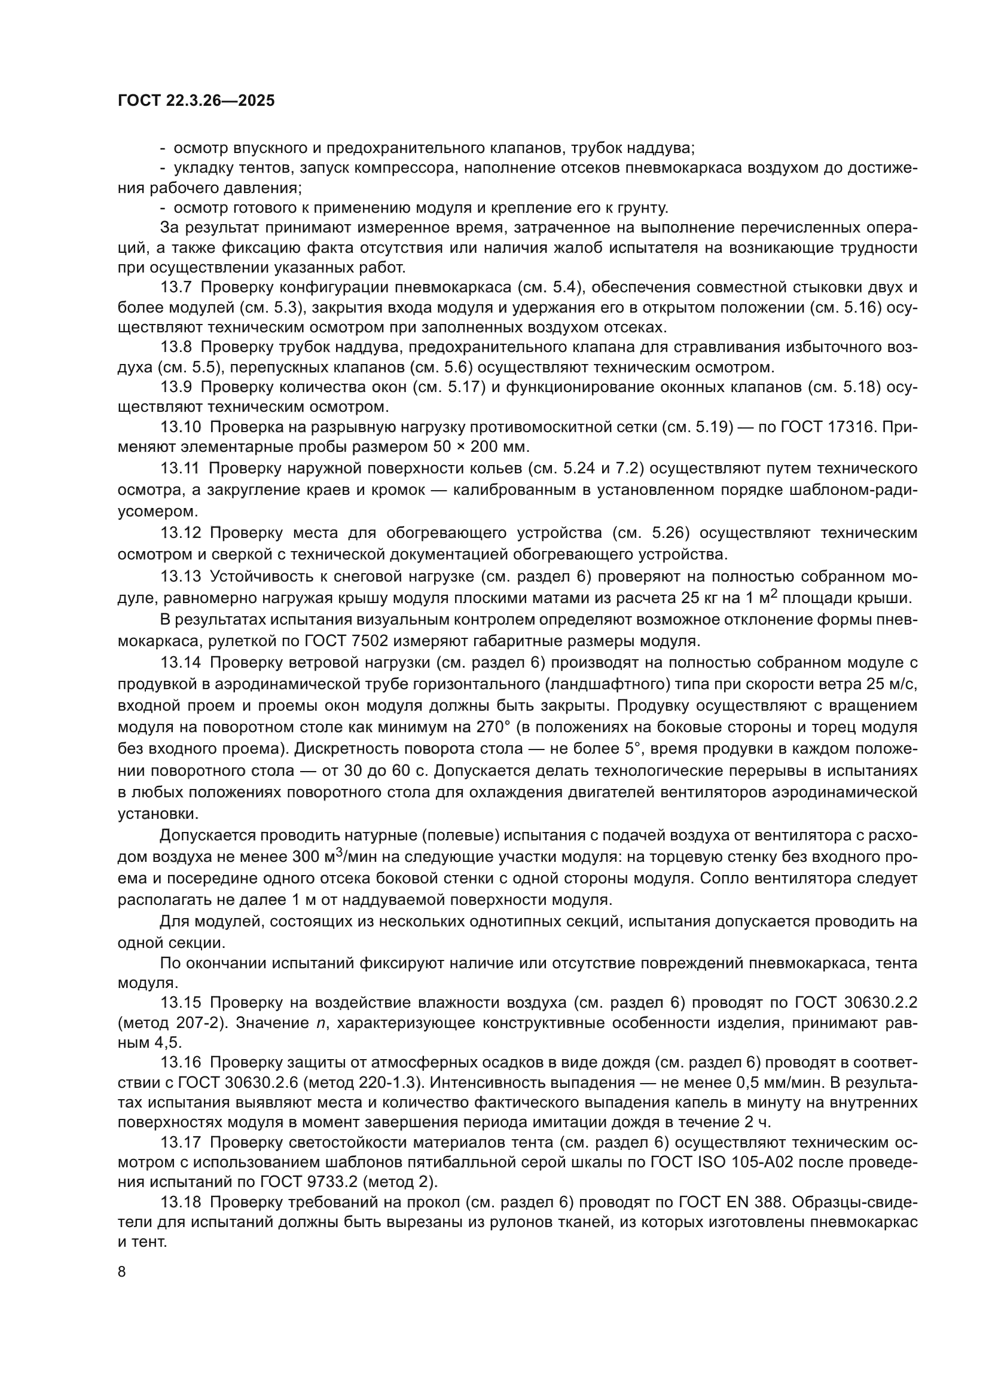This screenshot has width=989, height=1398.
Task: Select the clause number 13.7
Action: (x=176, y=287)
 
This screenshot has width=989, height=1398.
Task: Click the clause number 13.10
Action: (x=180, y=427)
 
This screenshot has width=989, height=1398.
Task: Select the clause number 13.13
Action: (x=180, y=576)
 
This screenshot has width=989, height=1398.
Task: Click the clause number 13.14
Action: (x=180, y=662)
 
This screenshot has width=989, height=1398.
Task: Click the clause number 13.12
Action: (x=180, y=533)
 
